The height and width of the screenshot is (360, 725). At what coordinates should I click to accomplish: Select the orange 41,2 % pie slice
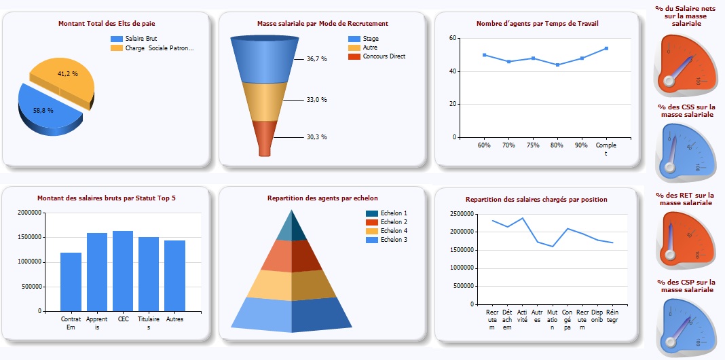coord(64,75)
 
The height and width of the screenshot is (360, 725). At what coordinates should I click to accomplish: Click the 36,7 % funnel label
coord(316,59)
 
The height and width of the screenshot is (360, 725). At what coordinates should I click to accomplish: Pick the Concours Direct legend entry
coord(383,56)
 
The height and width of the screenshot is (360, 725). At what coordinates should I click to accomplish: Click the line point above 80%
coord(557,65)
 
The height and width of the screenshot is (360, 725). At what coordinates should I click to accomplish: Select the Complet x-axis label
coord(606,149)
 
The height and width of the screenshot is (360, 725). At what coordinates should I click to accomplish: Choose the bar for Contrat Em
coord(71,282)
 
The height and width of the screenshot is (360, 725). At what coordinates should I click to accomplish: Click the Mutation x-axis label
coord(553,319)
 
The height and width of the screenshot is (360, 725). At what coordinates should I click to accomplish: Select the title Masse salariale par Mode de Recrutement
coord(322,24)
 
